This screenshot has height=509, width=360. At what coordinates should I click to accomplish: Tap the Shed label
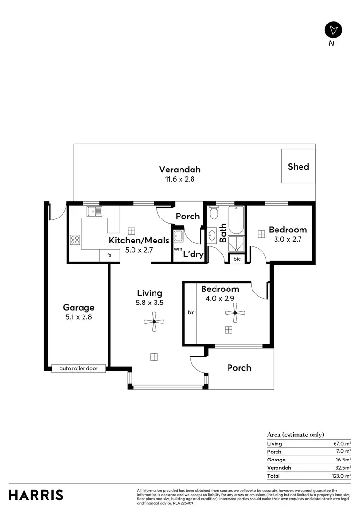(x=298, y=167)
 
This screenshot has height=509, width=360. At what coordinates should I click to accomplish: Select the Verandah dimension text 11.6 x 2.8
(x=180, y=179)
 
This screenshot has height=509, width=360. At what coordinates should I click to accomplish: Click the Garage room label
(x=79, y=307)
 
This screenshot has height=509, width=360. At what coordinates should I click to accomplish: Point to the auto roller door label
(x=78, y=368)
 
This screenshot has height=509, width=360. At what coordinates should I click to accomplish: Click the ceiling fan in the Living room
(x=154, y=322)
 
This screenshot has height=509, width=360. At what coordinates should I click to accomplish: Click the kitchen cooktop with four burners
(x=75, y=239)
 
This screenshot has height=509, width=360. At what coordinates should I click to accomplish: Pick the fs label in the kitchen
(x=109, y=255)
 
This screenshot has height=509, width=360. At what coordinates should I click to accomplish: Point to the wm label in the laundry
(x=178, y=249)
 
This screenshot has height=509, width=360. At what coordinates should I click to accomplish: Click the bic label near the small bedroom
(x=237, y=259)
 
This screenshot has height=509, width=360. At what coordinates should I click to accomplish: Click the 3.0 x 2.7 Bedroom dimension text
(x=287, y=239)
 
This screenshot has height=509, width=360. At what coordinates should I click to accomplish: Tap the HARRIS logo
(x=36, y=495)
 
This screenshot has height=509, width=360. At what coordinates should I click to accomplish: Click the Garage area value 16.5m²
(x=341, y=460)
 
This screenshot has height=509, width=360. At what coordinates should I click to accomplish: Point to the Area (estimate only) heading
(x=295, y=435)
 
